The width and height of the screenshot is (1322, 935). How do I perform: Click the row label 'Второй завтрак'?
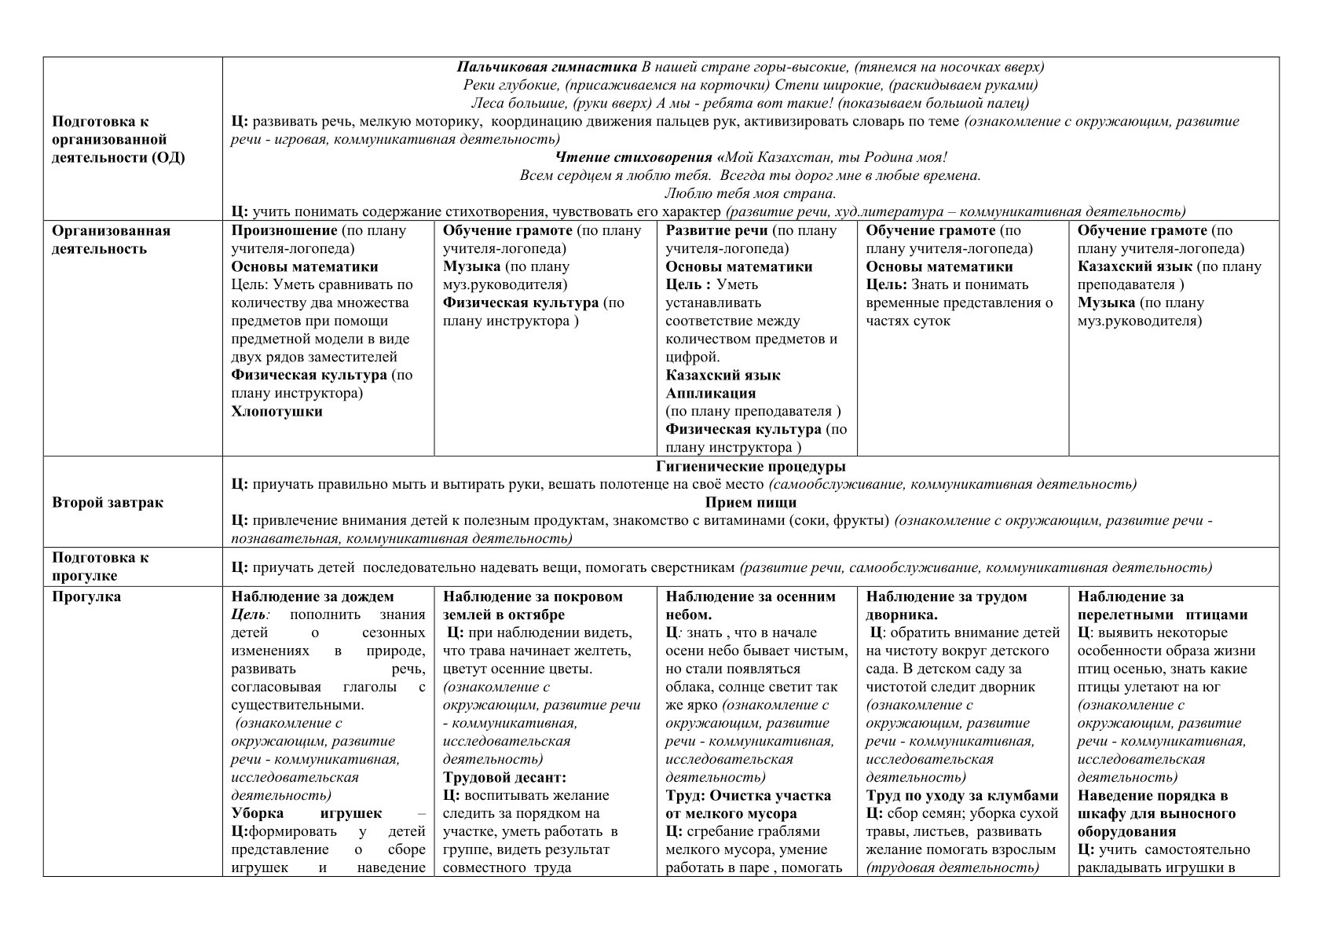(x=108, y=503)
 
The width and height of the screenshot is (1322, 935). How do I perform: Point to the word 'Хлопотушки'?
(x=276, y=412)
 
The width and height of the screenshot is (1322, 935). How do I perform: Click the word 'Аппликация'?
(x=710, y=394)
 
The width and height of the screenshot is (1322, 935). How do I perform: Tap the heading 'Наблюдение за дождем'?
(x=313, y=597)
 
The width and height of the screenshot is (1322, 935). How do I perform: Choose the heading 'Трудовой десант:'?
(x=504, y=778)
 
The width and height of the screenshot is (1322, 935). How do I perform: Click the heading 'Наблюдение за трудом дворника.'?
(x=947, y=606)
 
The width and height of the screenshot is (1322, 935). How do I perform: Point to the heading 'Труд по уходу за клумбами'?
(x=962, y=796)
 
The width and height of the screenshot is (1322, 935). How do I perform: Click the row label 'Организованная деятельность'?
(x=111, y=240)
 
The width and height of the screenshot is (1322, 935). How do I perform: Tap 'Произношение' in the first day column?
(x=284, y=231)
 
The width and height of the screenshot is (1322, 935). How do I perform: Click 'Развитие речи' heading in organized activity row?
(x=716, y=231)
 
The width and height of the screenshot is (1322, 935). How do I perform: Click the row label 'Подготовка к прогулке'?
(x=100, y=566)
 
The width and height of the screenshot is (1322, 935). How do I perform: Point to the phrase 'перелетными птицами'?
(x=1163, y=615)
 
